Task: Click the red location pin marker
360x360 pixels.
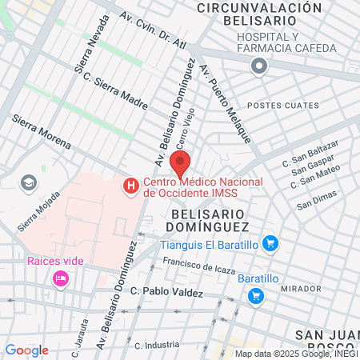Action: (x=180, y=165)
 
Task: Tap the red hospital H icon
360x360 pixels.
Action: (x=129, y=186)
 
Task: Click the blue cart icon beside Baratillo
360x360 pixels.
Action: (x=256, y=296)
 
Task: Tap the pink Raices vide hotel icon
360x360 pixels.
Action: (x=59, y=278)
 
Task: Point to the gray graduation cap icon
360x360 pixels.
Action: (x=29, y=183)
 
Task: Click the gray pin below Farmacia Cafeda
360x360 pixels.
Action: (x=258, y=68)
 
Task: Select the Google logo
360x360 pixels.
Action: (x=26, y=350)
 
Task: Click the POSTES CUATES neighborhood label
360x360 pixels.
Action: (x=277, y=106)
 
